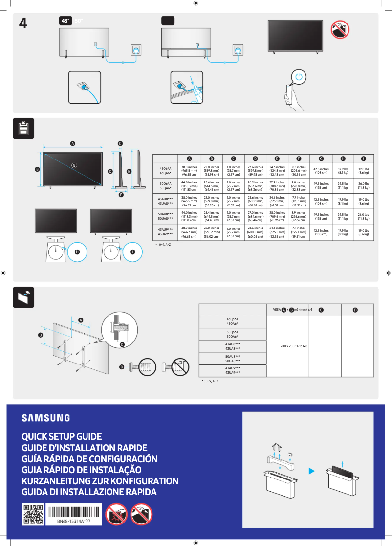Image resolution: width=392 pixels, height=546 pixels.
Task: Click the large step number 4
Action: (x=22, y=23)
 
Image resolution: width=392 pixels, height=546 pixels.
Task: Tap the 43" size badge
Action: (x=65, y=21)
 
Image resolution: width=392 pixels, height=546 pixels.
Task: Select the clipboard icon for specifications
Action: (x=23, y=128)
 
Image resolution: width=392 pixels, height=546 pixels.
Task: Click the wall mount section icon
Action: (x=23, y=296)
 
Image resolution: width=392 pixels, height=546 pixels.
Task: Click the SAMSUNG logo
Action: (x=45, y=418)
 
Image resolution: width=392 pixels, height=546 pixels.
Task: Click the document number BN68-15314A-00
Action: (x=73, y=521)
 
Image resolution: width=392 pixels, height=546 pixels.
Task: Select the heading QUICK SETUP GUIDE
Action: (x=62, y=436)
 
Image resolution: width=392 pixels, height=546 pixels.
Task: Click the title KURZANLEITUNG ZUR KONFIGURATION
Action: (x=100, y=481)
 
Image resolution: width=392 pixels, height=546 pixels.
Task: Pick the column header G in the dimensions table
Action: (x=321, y=159)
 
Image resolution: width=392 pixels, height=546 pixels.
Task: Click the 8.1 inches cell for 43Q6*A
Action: (x=299, y=170)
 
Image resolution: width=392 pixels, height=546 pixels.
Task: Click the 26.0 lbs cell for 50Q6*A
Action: (x=363, y=185)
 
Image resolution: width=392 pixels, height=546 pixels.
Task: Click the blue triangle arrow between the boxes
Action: (x=310, y=471)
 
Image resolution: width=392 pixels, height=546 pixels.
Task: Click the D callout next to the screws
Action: (x=122, y=366)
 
